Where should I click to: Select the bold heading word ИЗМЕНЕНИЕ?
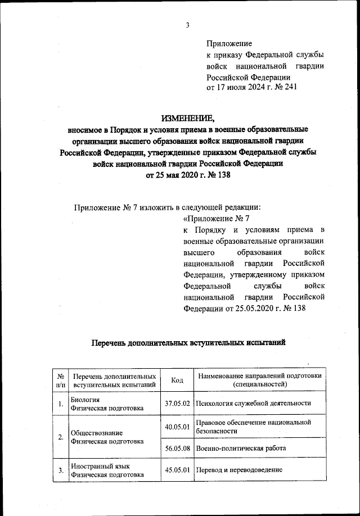tap(188, 119)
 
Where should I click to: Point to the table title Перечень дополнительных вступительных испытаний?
tap(188, 342)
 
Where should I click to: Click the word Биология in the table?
tap(85, 399)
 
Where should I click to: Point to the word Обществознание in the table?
tap(96, 433)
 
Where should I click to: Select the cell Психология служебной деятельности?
tap(253, 404)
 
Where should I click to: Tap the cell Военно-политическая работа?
tap(241, 449)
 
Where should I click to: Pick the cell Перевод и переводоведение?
tap(239, 470)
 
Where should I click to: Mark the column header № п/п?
tap(60, 381)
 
